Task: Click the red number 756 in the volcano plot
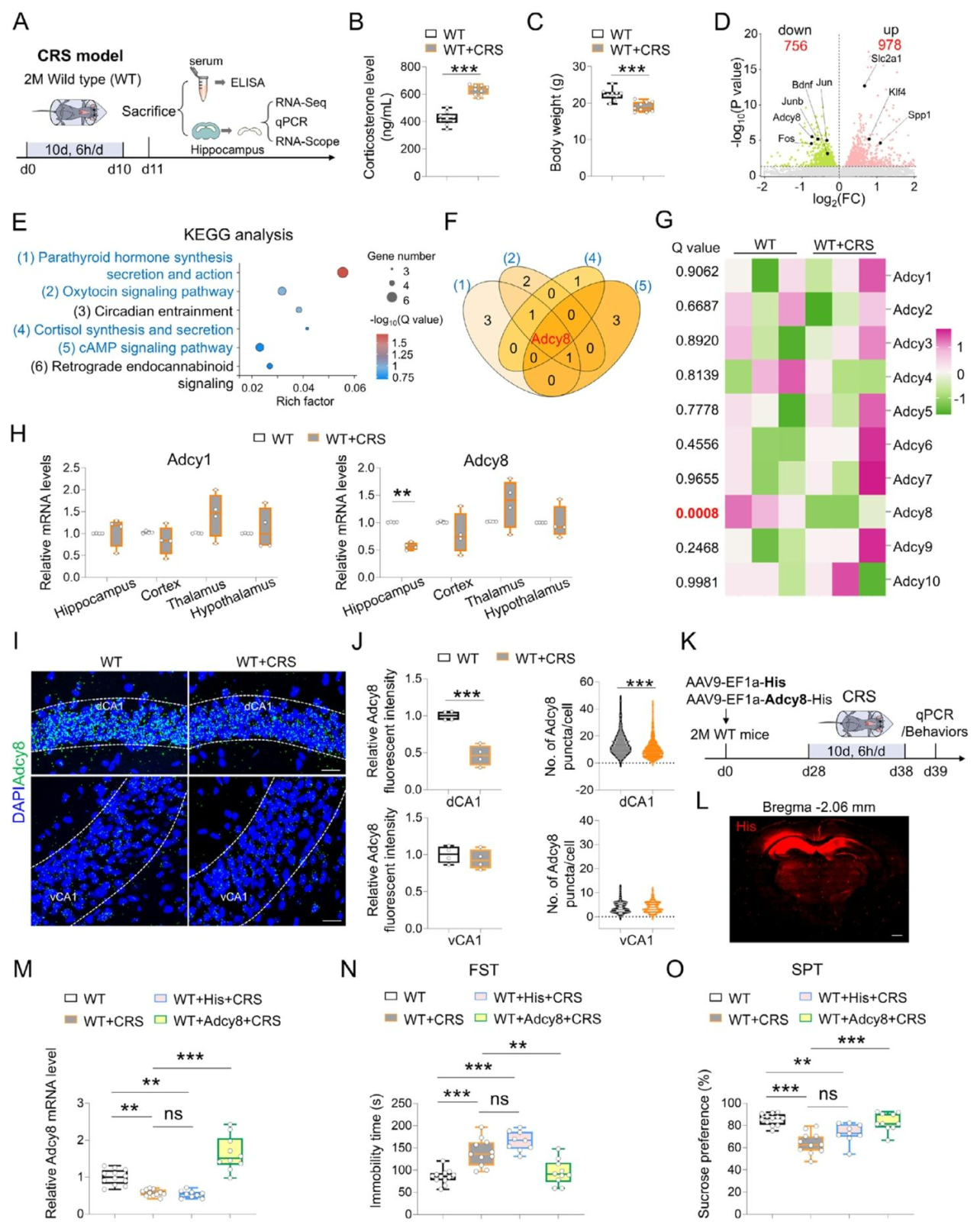point(795,46)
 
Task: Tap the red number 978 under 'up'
point(889,45)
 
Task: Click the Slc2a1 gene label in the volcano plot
point(886,59)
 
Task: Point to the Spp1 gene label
point(919,115)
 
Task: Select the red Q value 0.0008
point(697,513)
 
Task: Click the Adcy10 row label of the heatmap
point(916,581)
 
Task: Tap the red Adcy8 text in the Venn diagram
point(550,339)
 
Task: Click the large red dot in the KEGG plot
point(343,272)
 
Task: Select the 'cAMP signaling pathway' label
point(145,347)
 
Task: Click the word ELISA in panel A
point(247,82)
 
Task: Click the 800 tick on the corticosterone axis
point(410,67)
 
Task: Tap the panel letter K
point(688,642)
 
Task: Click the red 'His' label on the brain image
point(746,827)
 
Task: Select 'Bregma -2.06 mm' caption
point(818,807)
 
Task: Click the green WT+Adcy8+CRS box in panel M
point(230,1150)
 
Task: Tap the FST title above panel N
point(483,970)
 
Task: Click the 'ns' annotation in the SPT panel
point(827,1094)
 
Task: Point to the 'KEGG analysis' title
point(238,234)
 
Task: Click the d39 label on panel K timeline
point(935,771)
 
